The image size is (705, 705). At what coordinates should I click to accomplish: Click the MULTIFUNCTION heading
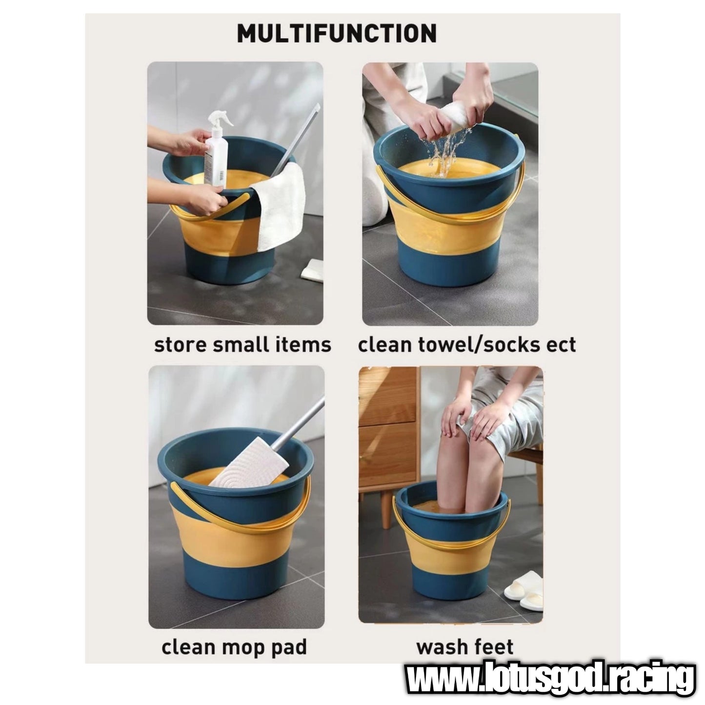tap(337, 33)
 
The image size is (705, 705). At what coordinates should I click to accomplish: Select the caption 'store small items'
tap(242, 345)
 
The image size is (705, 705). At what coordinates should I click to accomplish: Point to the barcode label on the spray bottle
tap(221, 175)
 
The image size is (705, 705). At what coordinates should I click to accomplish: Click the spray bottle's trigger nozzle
tap(220, 119)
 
